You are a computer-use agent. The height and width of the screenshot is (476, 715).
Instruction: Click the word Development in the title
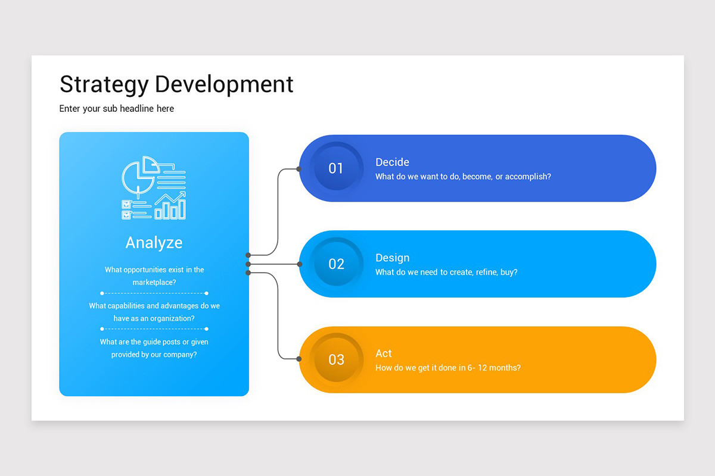pos(224,84)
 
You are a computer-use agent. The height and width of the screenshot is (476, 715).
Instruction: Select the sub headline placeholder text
pos(117,108)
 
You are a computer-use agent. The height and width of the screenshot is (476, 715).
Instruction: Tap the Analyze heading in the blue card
pos(154,243)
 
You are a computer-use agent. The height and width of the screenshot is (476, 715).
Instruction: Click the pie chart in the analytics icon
pos(139,175)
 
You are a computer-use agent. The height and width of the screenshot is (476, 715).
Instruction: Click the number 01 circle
pos(336,168)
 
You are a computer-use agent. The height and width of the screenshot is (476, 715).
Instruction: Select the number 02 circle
pos(336,264)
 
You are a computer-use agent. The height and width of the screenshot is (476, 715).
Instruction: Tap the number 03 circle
pos(336,359)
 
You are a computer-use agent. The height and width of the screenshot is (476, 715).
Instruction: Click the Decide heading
pos(392,162)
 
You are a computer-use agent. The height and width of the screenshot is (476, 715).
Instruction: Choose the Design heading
pos(392,258)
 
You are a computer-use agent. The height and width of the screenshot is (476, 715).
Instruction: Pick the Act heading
pos(384,353)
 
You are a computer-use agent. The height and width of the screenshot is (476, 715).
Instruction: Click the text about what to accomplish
pos(463,177)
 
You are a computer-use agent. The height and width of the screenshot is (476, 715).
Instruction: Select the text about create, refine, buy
pos(446,273)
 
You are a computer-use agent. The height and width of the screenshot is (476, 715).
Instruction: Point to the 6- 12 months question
pos(448,368)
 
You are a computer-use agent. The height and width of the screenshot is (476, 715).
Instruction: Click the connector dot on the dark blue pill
pos(299,169)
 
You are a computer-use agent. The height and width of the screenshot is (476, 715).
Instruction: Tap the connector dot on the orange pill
pos(299,359)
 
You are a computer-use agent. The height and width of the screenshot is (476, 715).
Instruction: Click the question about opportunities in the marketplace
pos(154,276)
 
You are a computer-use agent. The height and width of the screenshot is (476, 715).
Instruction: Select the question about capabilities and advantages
pos(154,312)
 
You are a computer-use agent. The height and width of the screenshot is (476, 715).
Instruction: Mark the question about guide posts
pos(154,348)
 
